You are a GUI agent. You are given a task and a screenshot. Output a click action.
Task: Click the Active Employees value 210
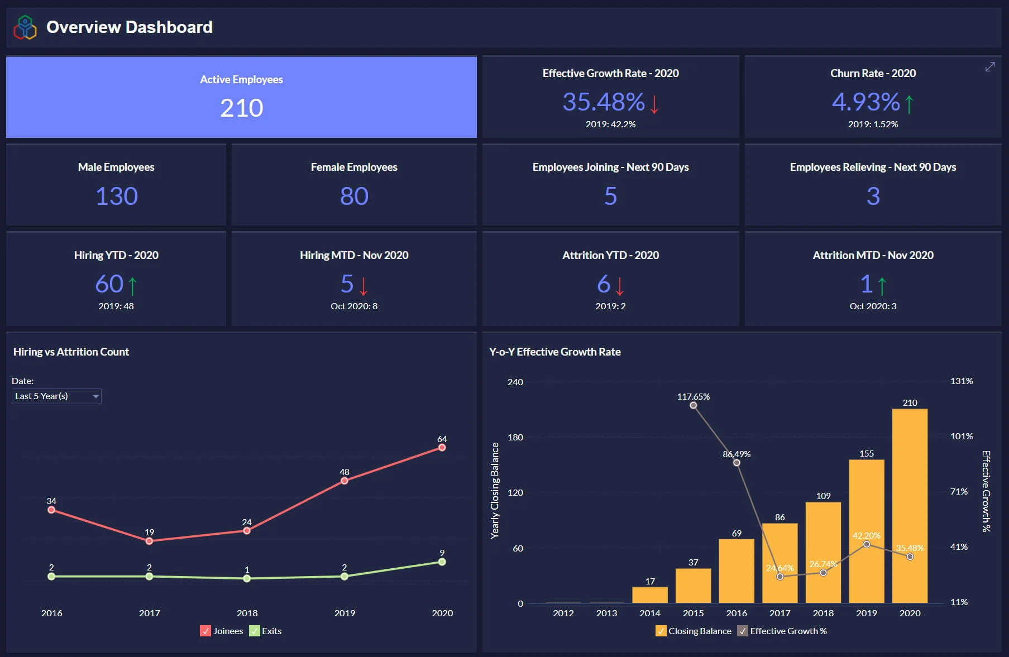click(241, 108)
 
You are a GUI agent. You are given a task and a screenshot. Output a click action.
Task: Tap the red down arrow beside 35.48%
click(654, 104)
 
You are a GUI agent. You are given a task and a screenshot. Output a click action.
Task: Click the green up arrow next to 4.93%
click(909, 104)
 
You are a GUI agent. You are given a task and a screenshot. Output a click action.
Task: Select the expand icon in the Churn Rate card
click(990, 67)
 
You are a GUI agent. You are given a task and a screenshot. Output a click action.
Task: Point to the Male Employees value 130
click(116, 196)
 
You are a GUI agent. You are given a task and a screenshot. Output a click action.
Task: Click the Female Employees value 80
click(354, 196)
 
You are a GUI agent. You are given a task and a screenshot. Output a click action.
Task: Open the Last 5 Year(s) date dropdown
click(56, 396)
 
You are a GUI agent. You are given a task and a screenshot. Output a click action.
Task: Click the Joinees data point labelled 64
click(442, 448)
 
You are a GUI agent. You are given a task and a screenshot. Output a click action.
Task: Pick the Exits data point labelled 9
click(442, 562)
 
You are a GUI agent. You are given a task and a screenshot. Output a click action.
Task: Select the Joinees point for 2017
click(149, 541)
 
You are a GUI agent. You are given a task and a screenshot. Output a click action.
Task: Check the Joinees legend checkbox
click(205, 631)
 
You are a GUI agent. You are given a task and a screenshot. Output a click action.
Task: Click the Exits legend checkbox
click(255, 631)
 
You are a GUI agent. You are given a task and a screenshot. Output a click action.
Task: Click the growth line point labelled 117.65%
click(693, 405)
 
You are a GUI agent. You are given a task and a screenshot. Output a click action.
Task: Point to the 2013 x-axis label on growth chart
click(606, 613)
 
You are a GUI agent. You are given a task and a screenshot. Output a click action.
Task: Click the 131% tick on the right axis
click(961, 381)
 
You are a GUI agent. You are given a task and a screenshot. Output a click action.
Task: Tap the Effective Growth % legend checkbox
click(743, 631)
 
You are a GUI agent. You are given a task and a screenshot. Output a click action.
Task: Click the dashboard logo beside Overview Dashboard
click(25, 27)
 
